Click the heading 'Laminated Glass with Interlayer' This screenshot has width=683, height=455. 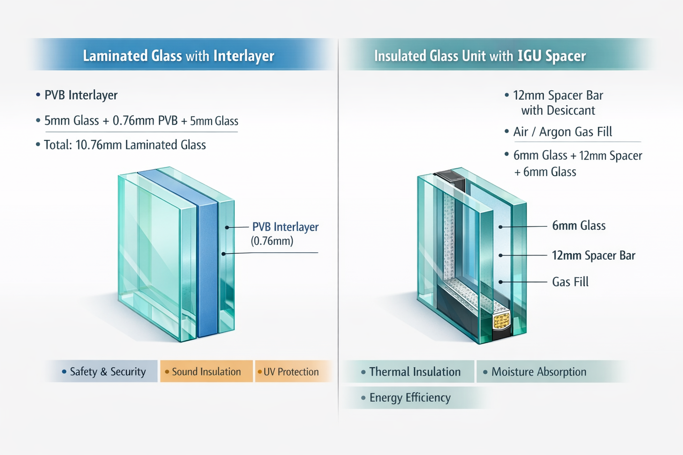[x=178, y=56]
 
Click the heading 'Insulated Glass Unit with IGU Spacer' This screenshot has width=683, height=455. [x=479, y=56]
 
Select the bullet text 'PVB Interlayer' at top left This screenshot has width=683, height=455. [x=80, y=95]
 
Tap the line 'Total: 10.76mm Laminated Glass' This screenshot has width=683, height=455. [x=125, y=145]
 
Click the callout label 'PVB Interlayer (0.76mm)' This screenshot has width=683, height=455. [x=285, y=233]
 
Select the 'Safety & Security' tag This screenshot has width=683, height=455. [x=107, y=372]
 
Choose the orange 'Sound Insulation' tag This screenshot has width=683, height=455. [x=206, y=372]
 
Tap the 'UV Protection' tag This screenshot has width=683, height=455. [x=291, y=372]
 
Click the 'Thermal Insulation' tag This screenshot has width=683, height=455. [x=414, y=372]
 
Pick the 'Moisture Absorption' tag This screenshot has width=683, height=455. [x=538, y=372]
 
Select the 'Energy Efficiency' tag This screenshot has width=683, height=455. [x=409, y=397]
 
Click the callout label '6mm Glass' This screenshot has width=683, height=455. [x=579, y=226]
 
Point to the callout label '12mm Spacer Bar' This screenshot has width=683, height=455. [x=593, y=256]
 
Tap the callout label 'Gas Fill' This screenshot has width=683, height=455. [x=570, y=282]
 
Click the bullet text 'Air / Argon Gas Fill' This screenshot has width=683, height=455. [x=562, y=132]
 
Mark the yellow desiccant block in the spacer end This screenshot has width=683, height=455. [x=501, y=321]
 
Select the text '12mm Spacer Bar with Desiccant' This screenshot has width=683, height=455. [x=558, y=103]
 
